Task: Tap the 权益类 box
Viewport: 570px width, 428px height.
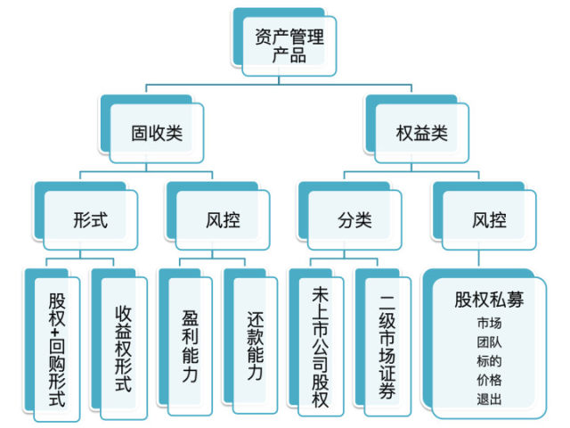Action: tap(421, 134)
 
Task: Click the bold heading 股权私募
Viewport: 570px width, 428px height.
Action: tap(489, 300)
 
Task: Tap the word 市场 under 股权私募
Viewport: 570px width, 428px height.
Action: tap(489, 324)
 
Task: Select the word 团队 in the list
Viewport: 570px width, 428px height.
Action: tap(489, 342)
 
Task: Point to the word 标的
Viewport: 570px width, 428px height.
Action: tap(489, 361)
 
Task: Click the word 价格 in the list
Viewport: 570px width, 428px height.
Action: tap(489, 380)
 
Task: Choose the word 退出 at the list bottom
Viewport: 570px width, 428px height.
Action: tap(489, 399)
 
